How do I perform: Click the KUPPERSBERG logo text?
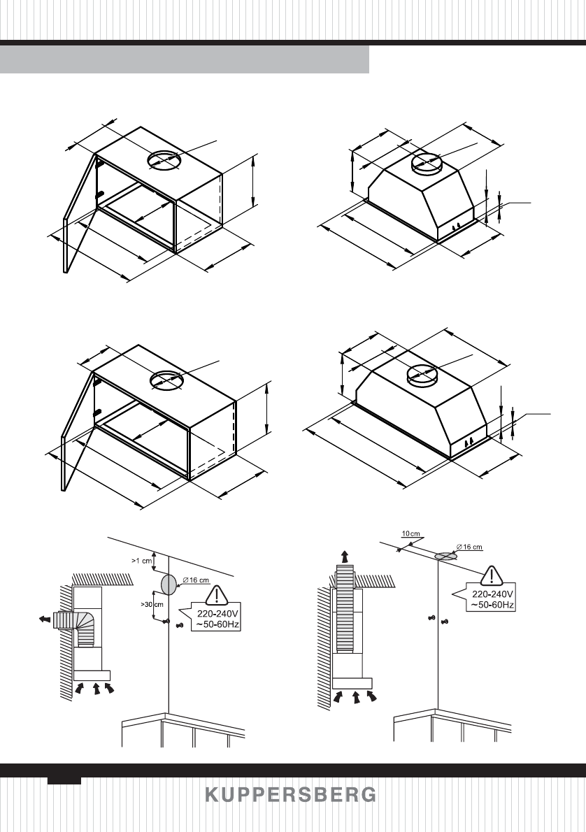click(x=290, y=796)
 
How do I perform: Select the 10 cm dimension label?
click(x=410, y=533)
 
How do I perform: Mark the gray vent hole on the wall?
click(x=169, y=584)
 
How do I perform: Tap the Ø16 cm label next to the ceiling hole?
click(x=469, y=547)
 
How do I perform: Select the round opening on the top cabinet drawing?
click(x=165, y=160)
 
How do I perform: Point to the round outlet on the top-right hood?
click(x=426, y=163)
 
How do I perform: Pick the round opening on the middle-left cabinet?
click(x=166, y=380)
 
